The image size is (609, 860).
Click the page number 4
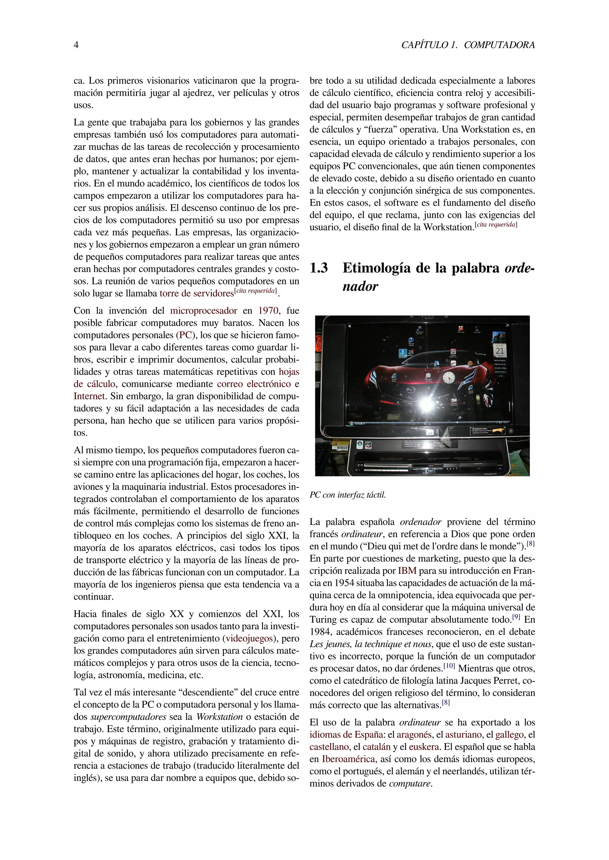click(x=76, y=45)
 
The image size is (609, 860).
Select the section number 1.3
click(x=319, y=268)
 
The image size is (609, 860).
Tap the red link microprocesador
click(x=203, y=311)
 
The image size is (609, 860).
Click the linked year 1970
click(x=268, y=311)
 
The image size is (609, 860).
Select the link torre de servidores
click(x=197, y=293)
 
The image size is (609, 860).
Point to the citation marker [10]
click(x=449, y=666)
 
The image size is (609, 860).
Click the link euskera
click(x=424, y=747)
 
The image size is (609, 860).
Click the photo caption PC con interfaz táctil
click(x=347, y=495)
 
